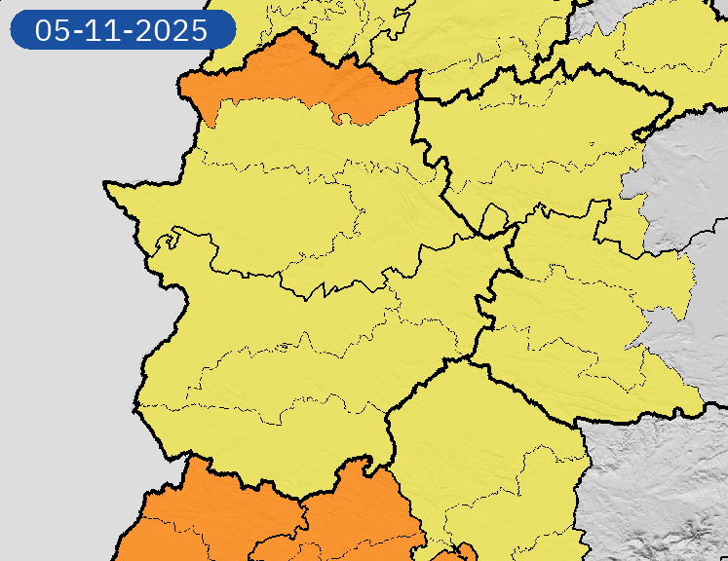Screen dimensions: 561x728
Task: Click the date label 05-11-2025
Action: click(x=122, y=29)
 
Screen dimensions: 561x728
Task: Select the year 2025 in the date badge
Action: click(x=173, y=30)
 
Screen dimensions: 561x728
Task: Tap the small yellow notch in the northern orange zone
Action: click(x=342, y=119)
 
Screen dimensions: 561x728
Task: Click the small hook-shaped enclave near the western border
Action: click(x=172, y=235)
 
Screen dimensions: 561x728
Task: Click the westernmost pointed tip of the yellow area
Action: click(x=108, y=184)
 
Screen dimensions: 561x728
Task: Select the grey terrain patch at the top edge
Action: click(x=590, y=19)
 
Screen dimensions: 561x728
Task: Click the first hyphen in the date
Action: click(x=78, y=31)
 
